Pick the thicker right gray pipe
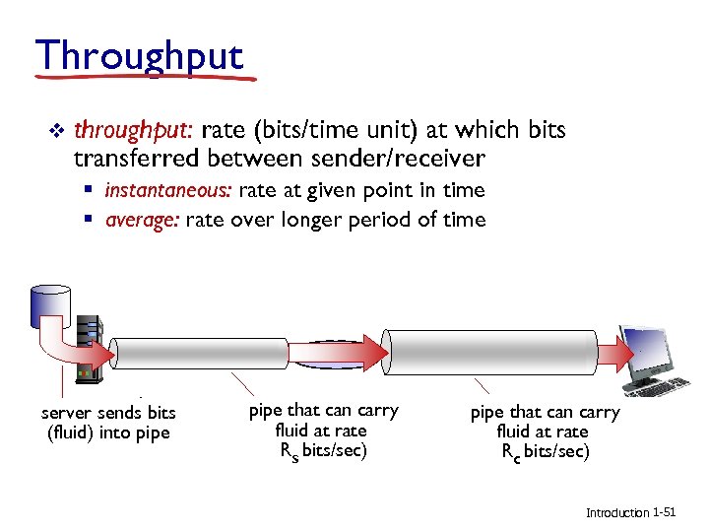coord(490,350)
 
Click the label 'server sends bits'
coord(108,412)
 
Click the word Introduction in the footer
coord(617,513)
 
